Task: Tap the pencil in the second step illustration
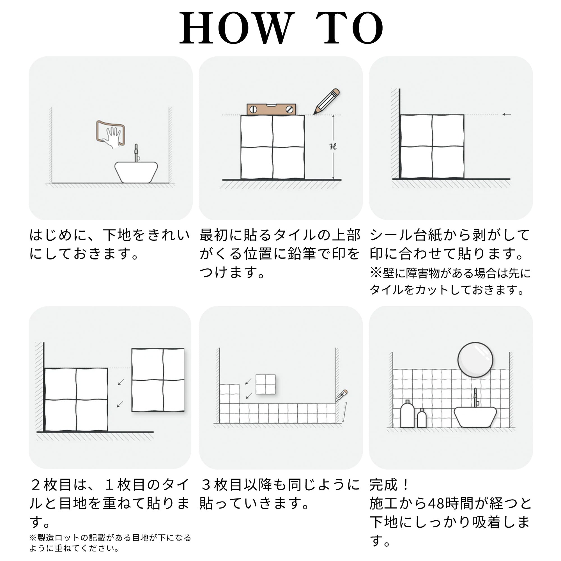[x=327, y=101]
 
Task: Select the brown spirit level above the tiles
[x=271, y=109]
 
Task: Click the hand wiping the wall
[x=112, y=137]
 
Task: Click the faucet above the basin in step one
[x=136, y=153]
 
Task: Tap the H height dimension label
[x=333, y=147]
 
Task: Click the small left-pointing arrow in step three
[x=507, y=114]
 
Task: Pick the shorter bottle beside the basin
[x=422, y=418]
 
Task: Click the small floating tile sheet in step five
[x=265, y=385]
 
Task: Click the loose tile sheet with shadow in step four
[x=158, y=380]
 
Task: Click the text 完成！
[x=389, y=485]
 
